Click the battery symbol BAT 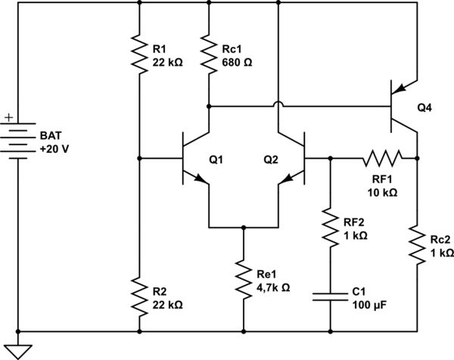(x=17, y=139)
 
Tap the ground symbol (x=17, y=349)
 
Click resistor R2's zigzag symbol (x=140, y=296)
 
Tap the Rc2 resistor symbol (x=418, y=242)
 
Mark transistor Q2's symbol (x=292, y=159)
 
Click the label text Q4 (x=426, y=107)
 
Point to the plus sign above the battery (x=8, y=118)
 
